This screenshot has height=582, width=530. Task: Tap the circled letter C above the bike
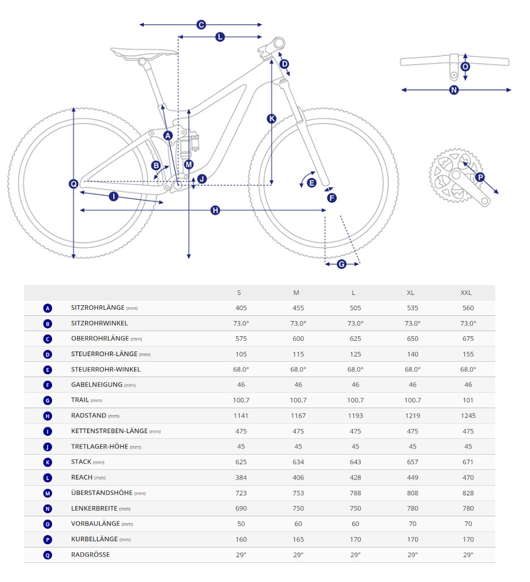coord(200,25)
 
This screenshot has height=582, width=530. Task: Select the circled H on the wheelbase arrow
coord(215,211)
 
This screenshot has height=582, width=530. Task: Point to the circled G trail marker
coord(341,264)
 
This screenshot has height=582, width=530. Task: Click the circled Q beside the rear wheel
coord(74,183)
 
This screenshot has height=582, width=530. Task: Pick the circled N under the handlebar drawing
coord(454,90)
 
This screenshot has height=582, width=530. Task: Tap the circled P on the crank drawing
coord(480,177)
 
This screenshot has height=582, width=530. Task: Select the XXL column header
coord(466,293)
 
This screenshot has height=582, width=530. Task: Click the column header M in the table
coord(296,293)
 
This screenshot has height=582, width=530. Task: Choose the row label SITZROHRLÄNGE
coord(98,308)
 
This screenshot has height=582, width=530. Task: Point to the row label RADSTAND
coord(88,416)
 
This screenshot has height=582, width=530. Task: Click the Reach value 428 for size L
coord(354,477)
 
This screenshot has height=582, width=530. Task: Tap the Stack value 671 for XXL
coord(468,462)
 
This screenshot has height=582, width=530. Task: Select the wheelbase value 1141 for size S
coord(241,416)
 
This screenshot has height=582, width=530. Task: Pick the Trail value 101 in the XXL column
coord(468,400)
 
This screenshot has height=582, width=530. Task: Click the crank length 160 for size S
coord(241,539)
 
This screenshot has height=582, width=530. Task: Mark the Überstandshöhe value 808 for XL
coord(412,493)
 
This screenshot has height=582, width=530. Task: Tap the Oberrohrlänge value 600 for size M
coord(298,339)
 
